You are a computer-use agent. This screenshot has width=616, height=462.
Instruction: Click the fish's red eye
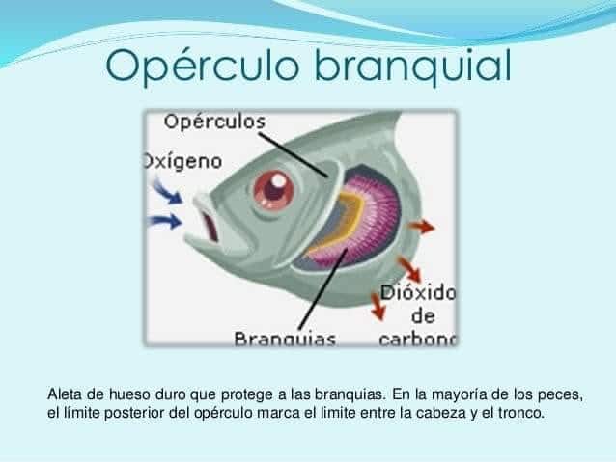pos(273,190)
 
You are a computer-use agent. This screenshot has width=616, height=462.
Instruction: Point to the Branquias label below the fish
pos(285,340)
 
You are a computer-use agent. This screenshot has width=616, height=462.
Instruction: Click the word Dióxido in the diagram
pos(417,291)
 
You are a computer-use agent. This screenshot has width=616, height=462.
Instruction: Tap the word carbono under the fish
pos(417,340)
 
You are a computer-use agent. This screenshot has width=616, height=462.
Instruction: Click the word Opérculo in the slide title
pos(205,66)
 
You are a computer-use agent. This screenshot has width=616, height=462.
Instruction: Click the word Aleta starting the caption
pos(64,394)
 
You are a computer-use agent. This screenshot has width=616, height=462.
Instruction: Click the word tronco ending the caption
pos(519,414)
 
